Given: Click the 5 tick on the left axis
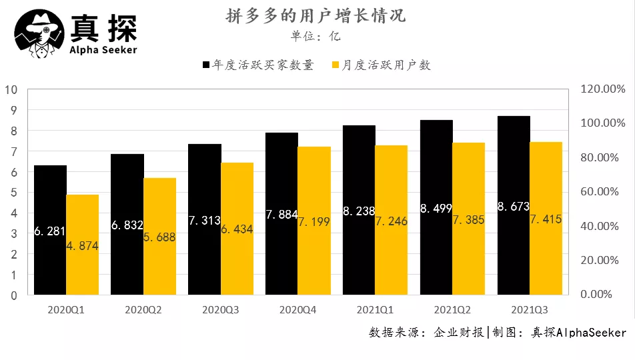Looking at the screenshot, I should pyautogui.click(x=14, y=193).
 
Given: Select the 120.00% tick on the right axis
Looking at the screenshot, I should pyautogui.click(x=602, y=89).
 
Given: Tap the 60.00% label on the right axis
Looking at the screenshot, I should pyautogui.click(x=602, y=192).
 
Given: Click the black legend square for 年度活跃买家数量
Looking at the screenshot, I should pyautogui.click(x=206, y=65).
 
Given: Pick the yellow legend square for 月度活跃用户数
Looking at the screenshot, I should pyautogui.click(x=335, y=65).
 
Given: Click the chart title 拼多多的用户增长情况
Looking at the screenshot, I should pyautogui.click(x=315, y=15).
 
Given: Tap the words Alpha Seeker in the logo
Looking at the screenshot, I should pyautogui.click(x=103, y=49).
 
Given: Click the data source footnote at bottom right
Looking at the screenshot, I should pyautogui.click(x=498, y=333).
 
